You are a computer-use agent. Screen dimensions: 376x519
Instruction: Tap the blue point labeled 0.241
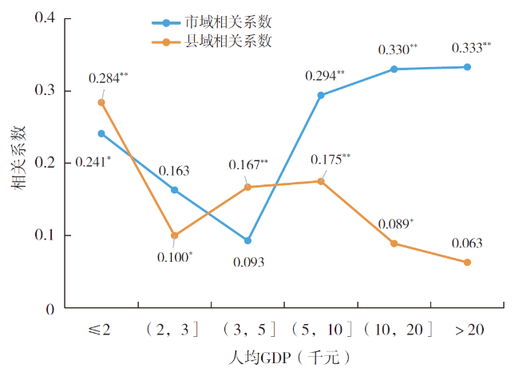tap(101, 133)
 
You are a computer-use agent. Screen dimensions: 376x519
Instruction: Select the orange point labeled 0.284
tap(101, 102)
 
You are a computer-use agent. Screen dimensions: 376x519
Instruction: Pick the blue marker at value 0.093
tap(248, 240)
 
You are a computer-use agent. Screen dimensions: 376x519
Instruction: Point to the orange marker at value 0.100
tap(174, 235)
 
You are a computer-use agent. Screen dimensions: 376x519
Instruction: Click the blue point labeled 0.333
tap(467, 67)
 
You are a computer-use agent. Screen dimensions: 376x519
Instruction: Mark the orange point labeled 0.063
tap(467, 263)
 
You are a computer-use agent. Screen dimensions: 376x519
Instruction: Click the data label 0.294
tap(324, 77)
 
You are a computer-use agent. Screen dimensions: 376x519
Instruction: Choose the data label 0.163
tap(174, 171)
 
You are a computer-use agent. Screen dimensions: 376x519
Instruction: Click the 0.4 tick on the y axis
tap(45, 18)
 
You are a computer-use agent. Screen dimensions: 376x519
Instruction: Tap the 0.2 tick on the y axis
tap(45, 163)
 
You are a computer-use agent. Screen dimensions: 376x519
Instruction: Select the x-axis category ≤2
tap(101, 329)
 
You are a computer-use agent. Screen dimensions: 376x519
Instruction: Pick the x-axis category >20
tap(467, 329)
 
